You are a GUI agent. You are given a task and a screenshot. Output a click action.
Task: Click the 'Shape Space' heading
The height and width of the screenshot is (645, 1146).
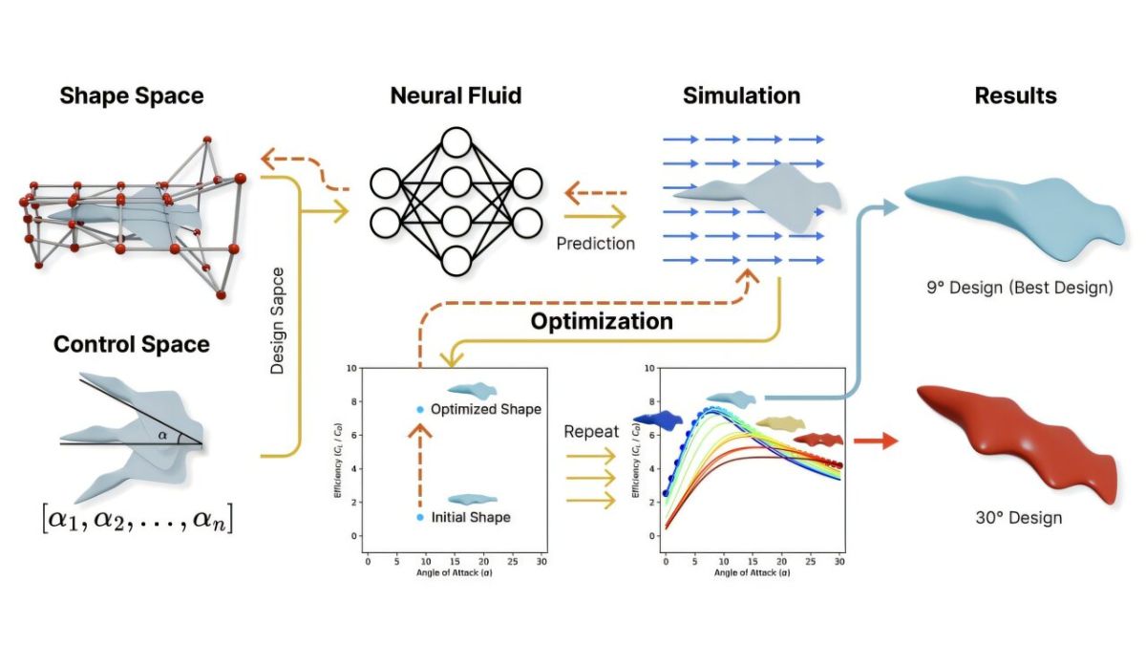[132, 96]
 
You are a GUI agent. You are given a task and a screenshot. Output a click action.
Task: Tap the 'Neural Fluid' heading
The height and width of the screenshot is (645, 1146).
[456, 96]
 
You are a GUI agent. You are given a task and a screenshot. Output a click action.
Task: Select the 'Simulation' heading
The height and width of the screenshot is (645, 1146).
[741, 96]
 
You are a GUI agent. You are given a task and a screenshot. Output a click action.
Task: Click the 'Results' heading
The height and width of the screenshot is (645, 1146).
[1015, 96]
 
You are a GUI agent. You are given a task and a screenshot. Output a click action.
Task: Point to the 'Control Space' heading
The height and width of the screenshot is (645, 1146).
[132, 344]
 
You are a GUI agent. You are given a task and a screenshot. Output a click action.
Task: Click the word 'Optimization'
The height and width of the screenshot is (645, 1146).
[602, 321]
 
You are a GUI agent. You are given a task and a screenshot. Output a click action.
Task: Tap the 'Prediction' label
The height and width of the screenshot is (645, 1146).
[596, 244]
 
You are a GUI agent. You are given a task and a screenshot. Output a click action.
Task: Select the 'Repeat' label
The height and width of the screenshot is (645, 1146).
[591, 432]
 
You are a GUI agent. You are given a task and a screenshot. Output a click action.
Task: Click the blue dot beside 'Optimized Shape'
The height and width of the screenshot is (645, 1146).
[419, 410]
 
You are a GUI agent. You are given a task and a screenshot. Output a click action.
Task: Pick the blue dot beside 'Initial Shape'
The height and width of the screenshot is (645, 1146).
[419, 517]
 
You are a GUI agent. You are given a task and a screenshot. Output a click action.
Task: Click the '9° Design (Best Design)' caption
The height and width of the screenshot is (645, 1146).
[1019, 287]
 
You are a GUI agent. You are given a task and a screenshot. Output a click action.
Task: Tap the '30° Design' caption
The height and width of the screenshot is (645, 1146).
[1019, 518]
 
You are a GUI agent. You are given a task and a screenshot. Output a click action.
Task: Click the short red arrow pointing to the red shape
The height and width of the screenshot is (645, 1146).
[876, 441]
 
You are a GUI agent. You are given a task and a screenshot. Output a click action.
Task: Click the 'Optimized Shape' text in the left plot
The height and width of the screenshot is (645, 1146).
[485, 410]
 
